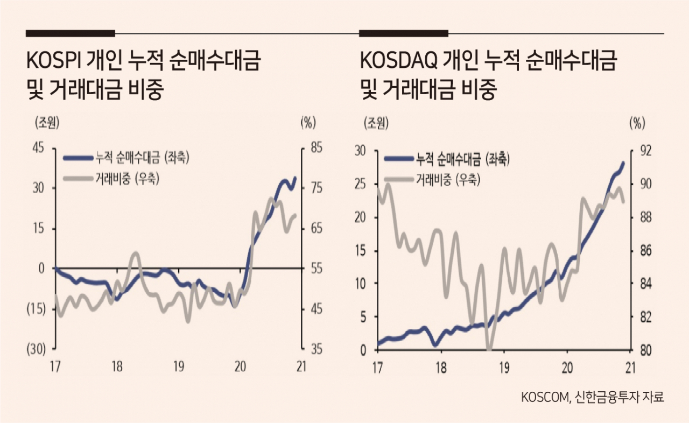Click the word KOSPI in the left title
(53, 61)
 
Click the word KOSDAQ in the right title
(399, 61)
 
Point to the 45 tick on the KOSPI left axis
(38, 148)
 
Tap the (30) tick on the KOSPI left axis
(36, 349)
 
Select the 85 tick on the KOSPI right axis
(316, 148)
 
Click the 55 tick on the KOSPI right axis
(316, 269)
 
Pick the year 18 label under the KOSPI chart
(117, 366)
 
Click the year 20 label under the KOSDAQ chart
(567, 368)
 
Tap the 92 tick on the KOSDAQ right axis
(645, 151)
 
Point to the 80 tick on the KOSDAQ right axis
(645, 350)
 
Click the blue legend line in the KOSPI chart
(78, 158)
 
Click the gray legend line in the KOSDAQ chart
(399, 179)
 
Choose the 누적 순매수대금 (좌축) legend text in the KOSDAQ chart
(463, 159)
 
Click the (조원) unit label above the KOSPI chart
(47, 123)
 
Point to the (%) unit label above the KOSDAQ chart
(637, 124)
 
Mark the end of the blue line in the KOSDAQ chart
(623, 163)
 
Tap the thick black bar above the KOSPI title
(71, 33)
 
